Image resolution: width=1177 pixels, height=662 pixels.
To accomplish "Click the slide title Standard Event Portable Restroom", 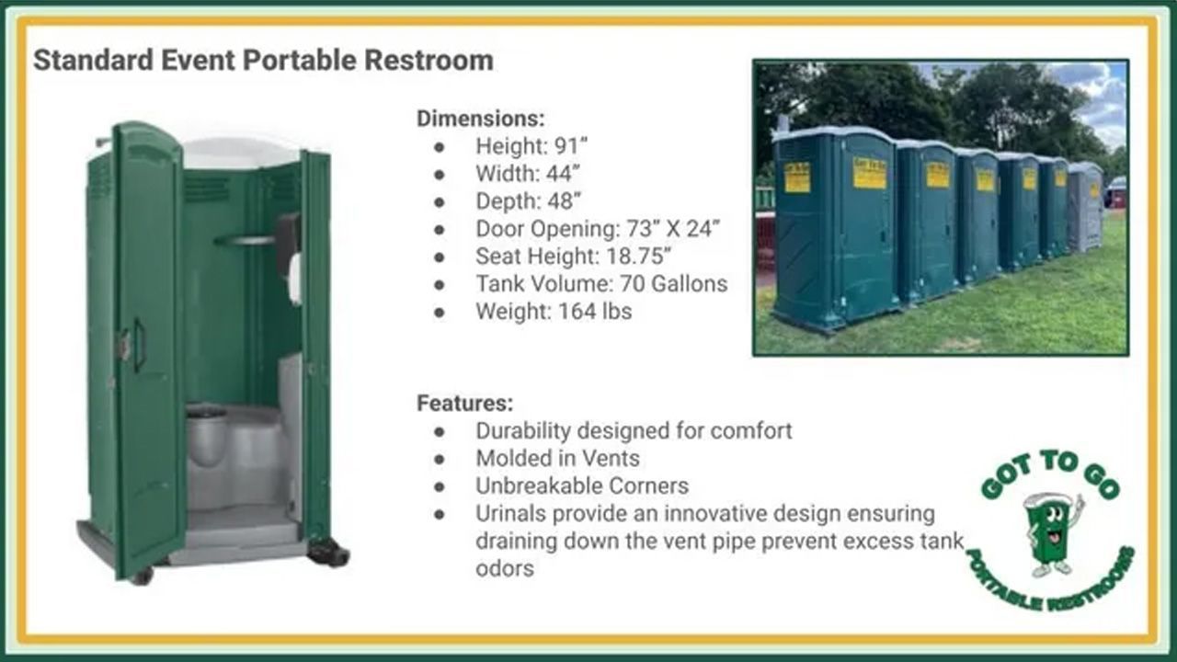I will point(263,61).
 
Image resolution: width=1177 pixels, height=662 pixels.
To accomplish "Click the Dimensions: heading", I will point(481,119).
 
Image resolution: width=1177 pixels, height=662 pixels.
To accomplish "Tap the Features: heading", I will point(464,403).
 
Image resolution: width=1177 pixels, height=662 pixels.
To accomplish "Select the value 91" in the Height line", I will point(568,146).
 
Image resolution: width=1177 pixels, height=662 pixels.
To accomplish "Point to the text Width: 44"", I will point(528,174).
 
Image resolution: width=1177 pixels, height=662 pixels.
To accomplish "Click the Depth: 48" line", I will point(529,201).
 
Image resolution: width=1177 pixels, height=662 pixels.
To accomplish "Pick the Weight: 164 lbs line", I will point(554,312).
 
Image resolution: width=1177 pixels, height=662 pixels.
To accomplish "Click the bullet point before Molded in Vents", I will point(440,458).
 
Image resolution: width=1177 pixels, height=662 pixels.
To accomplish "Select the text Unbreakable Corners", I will point(581,485).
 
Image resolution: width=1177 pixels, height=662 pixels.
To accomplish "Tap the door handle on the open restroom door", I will point(138,345).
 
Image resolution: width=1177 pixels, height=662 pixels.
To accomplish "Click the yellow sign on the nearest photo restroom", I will point(797,177).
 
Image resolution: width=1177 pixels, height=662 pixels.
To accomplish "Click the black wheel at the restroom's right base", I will point(328,553).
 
